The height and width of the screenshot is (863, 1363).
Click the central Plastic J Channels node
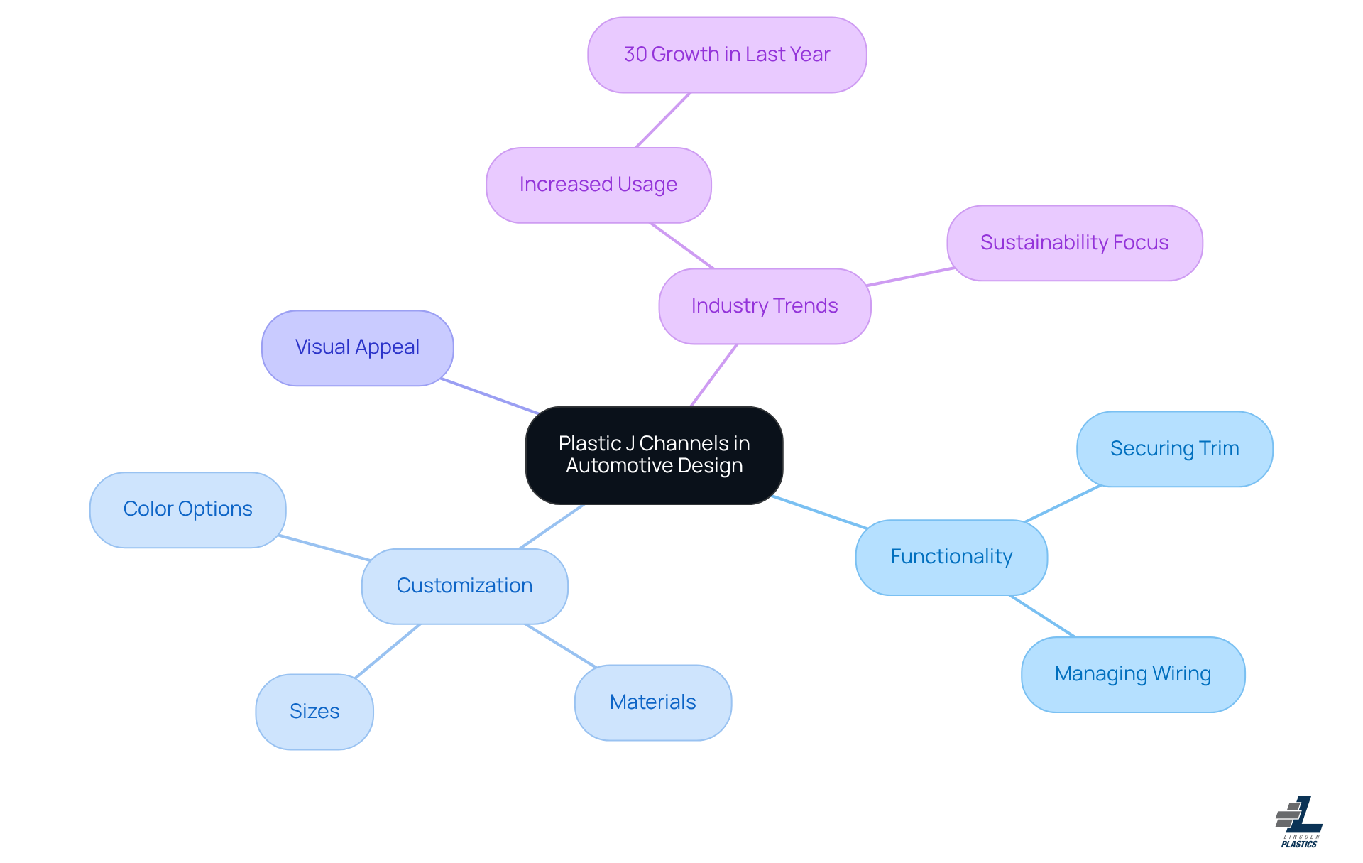[x=654, y=455]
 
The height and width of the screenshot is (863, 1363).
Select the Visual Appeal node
[x=357, y=347]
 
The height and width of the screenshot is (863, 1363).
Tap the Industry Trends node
[x=765, y=306]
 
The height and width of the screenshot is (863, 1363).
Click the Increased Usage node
[x=598, y=185]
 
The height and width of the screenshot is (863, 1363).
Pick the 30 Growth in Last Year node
[x=727, y=55]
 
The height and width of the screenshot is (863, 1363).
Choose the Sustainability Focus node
[x=1074, y=243]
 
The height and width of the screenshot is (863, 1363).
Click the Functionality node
[x=951, y=557]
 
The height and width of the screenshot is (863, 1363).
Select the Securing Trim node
[x=1174, y=449]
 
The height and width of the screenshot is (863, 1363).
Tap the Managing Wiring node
[x=1132, y=674]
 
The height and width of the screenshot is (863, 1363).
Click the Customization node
[x=464, y=586]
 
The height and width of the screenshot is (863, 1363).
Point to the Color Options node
[x=187, y=509]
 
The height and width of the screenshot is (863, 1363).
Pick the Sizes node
[x=314, y=712]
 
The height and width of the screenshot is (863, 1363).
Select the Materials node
[x=652, y=702]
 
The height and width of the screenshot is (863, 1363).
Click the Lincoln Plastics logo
[x=1299, y=822]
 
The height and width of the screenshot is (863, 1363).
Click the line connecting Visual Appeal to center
[x=490, y=396]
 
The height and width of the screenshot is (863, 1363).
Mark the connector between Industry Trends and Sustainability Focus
[x=911, y=277]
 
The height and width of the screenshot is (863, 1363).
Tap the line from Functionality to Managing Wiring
[x=1042, y=616]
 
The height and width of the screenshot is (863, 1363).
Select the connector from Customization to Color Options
[x=324, y=548]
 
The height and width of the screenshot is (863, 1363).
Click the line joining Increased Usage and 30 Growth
[x=663, y=120]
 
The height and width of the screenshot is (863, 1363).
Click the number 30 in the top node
[x=635, y=55]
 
